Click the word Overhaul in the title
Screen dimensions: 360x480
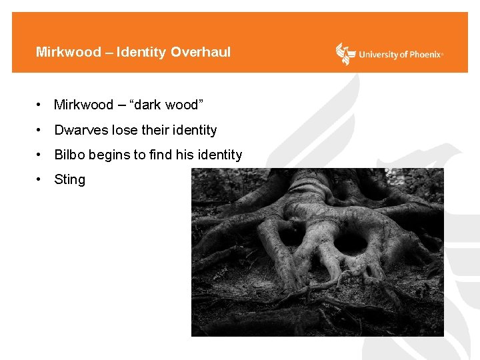click(201, 52)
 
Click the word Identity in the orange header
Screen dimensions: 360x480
click(141, 52)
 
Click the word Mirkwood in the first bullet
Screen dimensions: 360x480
click(83, 105)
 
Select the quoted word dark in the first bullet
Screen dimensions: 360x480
click(149, 105)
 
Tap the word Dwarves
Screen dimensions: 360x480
click(79, 130)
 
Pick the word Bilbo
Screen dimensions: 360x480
click(69, 155)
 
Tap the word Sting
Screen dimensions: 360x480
click(70, 179)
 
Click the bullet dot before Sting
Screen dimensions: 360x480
click(40, 179)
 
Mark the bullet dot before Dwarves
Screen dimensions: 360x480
click(40, 130)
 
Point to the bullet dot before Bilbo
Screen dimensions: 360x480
click(40, 155)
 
